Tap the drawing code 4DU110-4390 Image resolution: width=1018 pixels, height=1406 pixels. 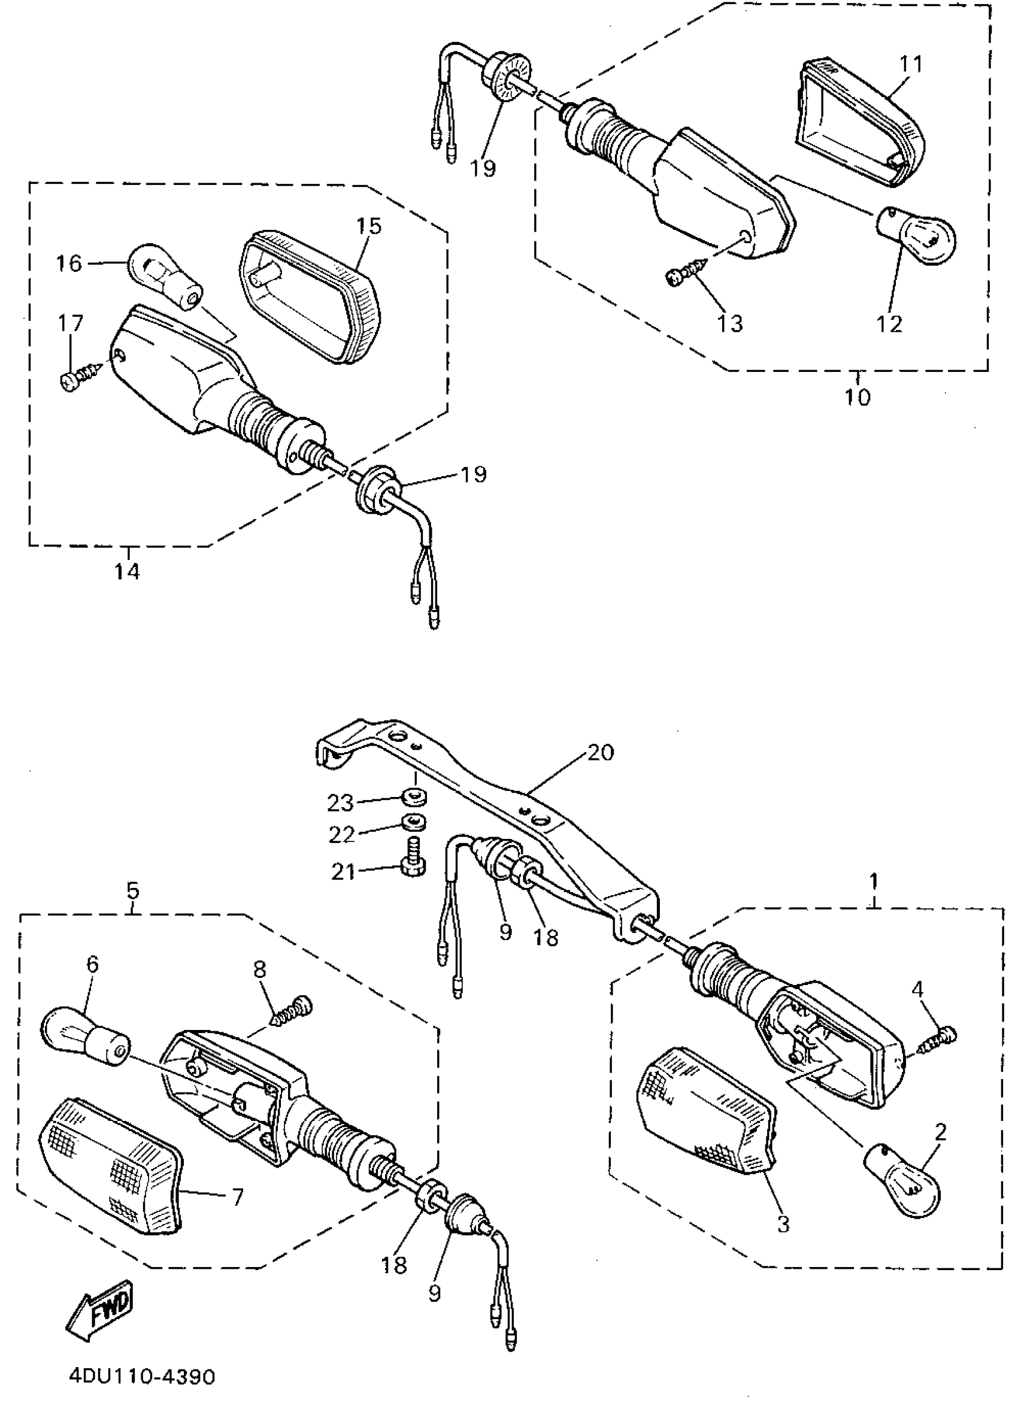[142, 1376]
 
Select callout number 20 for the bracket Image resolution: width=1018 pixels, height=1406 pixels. [599, 753]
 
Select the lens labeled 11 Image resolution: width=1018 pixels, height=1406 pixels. [858, 121]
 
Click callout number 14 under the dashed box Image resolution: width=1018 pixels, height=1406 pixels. [127, 571]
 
